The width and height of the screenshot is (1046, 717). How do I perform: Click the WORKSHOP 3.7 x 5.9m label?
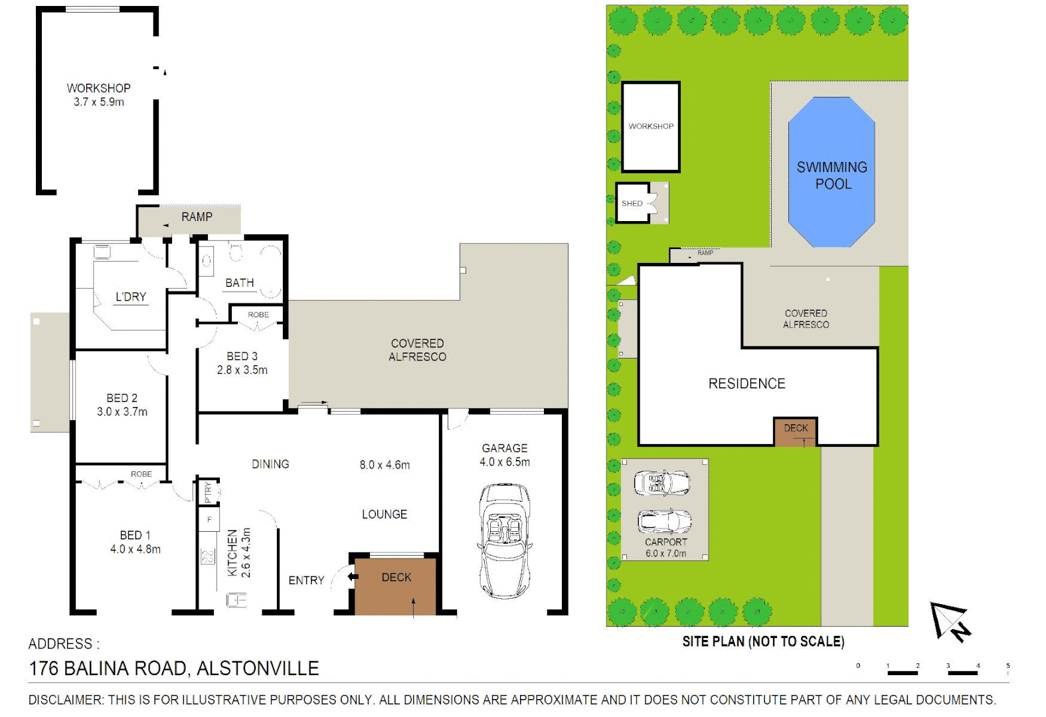[98, 95]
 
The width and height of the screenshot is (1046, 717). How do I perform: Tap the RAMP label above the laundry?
[197, 217]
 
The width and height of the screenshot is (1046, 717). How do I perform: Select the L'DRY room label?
[130, 297]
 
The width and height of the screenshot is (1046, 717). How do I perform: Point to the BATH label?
[239, 283]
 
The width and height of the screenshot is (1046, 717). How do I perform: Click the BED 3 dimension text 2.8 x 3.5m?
[242, 370]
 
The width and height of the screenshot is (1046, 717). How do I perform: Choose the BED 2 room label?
[122, 398]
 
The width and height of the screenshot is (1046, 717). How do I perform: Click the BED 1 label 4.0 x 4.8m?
[135, 542]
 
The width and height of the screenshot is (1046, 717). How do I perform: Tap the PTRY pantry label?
[209, 492]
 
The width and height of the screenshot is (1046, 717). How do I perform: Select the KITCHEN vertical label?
[232, 553]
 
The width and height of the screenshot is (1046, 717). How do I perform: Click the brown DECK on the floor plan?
[396, 587]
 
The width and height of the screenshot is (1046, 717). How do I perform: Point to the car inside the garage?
[504, 541]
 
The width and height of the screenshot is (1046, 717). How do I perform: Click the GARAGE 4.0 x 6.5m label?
[505, 455]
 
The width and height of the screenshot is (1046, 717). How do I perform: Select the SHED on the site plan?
[632, 203]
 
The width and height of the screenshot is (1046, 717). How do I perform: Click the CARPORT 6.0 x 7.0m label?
[665, 548]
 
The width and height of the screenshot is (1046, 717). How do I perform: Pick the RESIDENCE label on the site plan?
[746, 384]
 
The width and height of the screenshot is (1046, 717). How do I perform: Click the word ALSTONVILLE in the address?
[258, 669]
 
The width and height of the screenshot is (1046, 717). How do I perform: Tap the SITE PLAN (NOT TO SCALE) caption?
[763, 641]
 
